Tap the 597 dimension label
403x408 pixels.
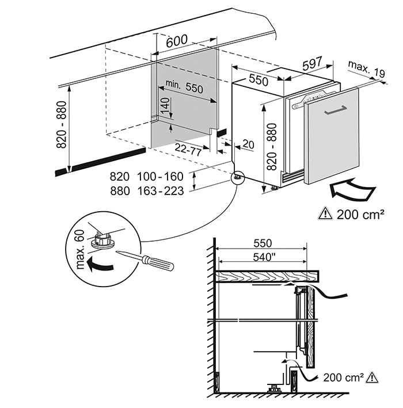pyautogui.click(x=313, y=65)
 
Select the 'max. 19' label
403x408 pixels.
pyautogui.click(x=366, y=70)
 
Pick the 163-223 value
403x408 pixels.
pyautogui.click(x=161, y=190)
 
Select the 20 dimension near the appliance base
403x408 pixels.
pyautogui.click(x=248, y=144)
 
